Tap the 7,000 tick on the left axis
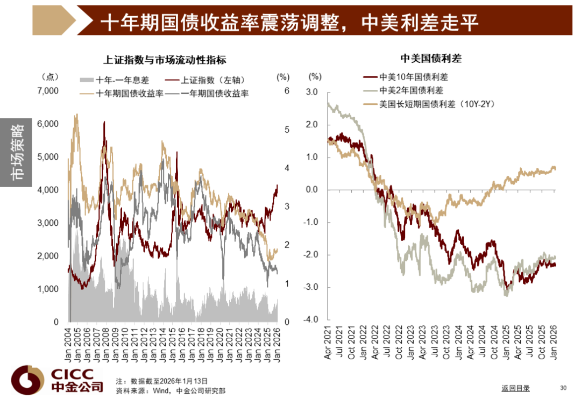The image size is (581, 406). [x=47, y=91]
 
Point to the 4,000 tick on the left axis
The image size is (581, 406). [x=47, y=190]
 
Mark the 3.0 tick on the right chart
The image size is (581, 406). [x=312, y=92]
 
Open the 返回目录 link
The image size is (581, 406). [x=515, y=388]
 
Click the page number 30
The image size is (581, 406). [x=563, y=388]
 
